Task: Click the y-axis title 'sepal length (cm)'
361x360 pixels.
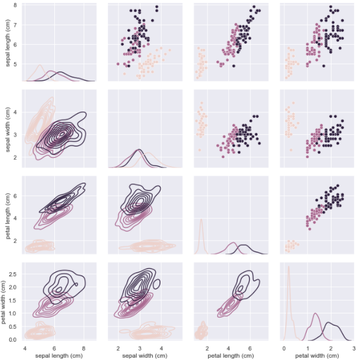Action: click(6, 42)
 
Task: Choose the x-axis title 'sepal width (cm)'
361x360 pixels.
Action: click(140, 355)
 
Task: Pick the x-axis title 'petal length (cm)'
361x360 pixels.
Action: click(227, 355)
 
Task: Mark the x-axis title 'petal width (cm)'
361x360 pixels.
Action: click(313, 355)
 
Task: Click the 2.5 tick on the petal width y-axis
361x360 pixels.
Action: click(15, 274)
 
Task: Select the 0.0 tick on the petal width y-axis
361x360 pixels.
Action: click(15, 339)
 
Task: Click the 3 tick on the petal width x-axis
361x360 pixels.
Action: click(353, 348)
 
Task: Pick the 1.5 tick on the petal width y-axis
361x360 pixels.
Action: click(15, 300)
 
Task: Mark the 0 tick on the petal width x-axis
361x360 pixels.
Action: click(283, 348)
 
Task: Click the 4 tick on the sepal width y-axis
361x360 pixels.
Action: click(17, 112)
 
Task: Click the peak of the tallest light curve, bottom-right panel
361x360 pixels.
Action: click(288, 266)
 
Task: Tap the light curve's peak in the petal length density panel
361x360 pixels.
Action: click(201, 220)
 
